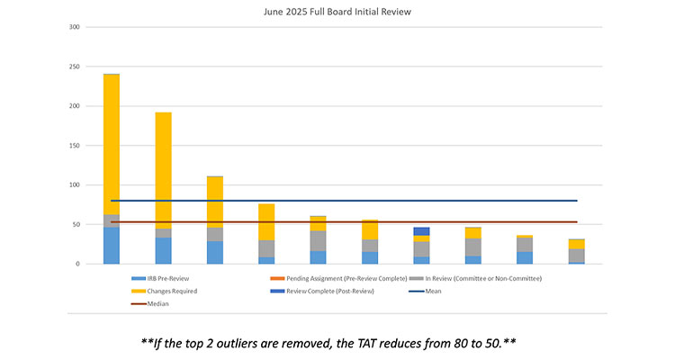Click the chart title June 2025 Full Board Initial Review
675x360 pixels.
[x=337, y=12]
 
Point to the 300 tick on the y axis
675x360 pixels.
[x=75, y=27]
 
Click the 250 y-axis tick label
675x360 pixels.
[x=75, y=67]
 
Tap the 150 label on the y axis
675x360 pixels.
[x=75, y=146]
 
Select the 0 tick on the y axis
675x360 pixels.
[x=78, y=264]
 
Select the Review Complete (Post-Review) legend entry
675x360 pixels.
[x=319, y=291]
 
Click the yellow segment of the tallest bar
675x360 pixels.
[x=112, y=144]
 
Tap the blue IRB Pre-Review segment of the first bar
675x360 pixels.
[x=112, y=246]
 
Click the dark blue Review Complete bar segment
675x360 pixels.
[x=421, y=231]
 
